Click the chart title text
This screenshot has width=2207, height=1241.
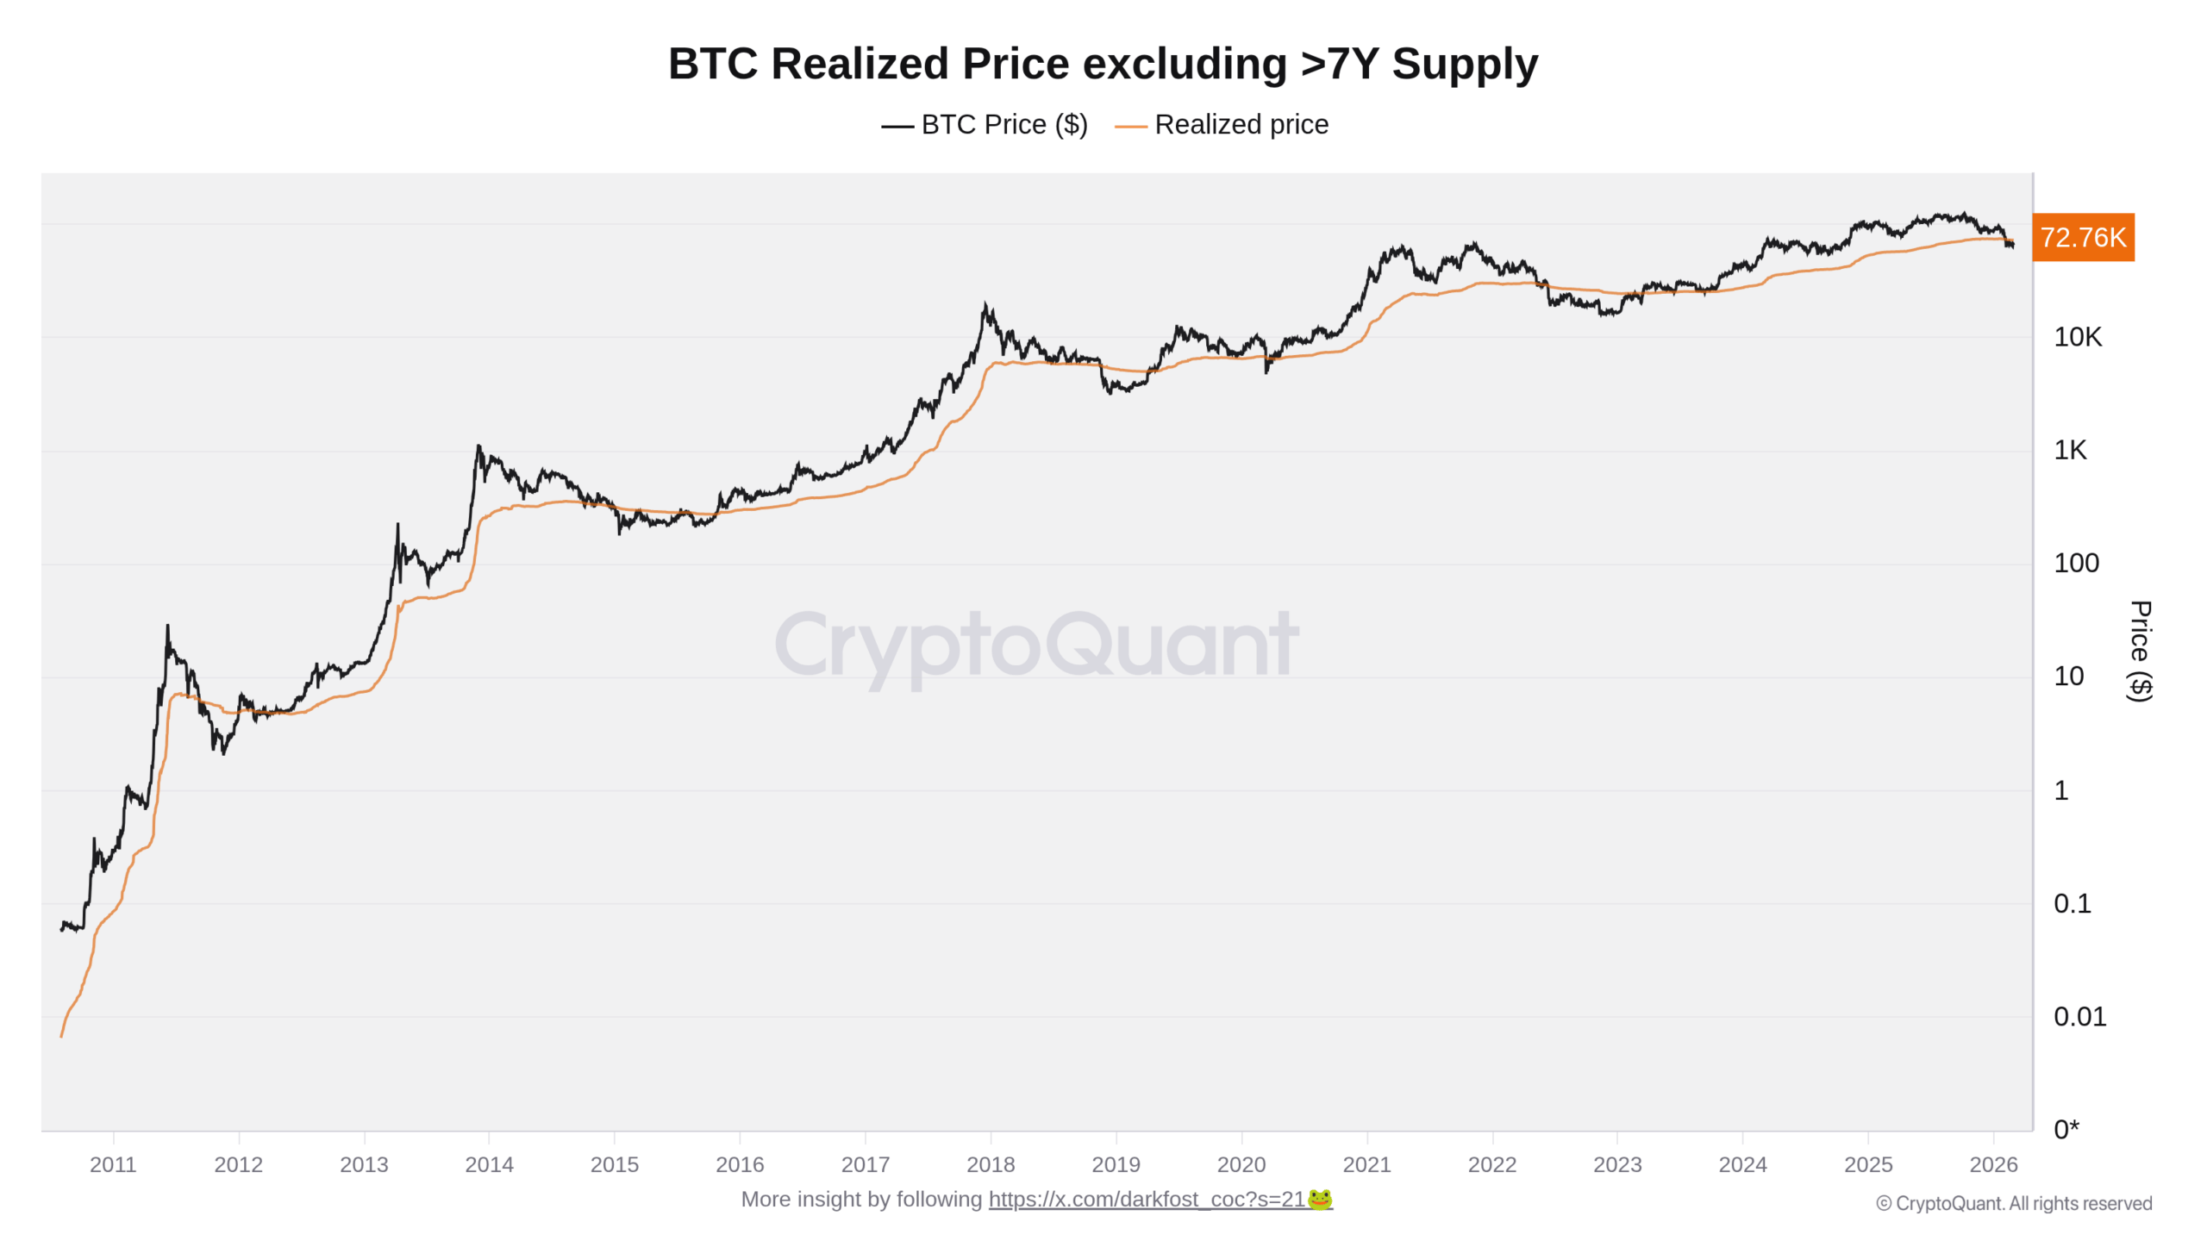[1103, 64]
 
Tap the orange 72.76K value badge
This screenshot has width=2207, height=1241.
[2082, 237]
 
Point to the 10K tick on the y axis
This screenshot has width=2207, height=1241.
[2077, 337]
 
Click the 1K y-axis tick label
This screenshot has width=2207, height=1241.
[2069, 450]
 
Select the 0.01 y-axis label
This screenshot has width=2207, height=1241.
[2079, 1016]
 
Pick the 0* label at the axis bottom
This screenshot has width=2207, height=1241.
[2066, 1129]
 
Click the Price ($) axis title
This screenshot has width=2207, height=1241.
[2139, 651]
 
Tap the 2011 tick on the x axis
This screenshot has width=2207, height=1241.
[113, 1164]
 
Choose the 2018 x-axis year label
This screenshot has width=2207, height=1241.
[990, 1164]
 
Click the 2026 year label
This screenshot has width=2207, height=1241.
[1992, 1164]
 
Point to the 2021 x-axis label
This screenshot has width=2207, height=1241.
[1366, 1164]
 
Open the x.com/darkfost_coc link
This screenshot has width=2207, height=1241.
[1146, 1200]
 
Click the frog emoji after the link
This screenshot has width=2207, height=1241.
[1320, 1200]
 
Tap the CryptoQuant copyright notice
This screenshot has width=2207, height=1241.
[2013, 1203]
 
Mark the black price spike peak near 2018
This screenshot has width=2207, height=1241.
[985, 305]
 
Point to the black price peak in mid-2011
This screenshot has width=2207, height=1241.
[167, 627]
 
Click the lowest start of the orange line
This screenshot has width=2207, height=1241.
[61, 1035]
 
